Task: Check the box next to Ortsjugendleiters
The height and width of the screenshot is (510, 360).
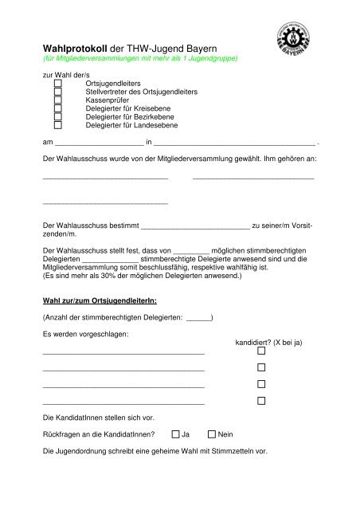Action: [58, 83]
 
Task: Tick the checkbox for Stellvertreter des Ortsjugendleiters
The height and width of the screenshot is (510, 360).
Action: [58, 93]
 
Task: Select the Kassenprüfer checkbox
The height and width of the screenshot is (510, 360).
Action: [58, 104]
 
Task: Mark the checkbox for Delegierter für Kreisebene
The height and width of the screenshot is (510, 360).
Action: [58, 114]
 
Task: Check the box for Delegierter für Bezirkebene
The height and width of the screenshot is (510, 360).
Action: [58, 124]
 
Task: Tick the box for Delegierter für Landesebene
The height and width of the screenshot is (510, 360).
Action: [58, 135]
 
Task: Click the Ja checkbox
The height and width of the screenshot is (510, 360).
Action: [175, 435]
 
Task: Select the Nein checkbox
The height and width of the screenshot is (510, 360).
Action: [212, 435]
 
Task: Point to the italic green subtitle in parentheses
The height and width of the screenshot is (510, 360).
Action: [136, 59]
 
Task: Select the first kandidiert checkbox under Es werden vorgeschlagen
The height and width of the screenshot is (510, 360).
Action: [260, 351]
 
